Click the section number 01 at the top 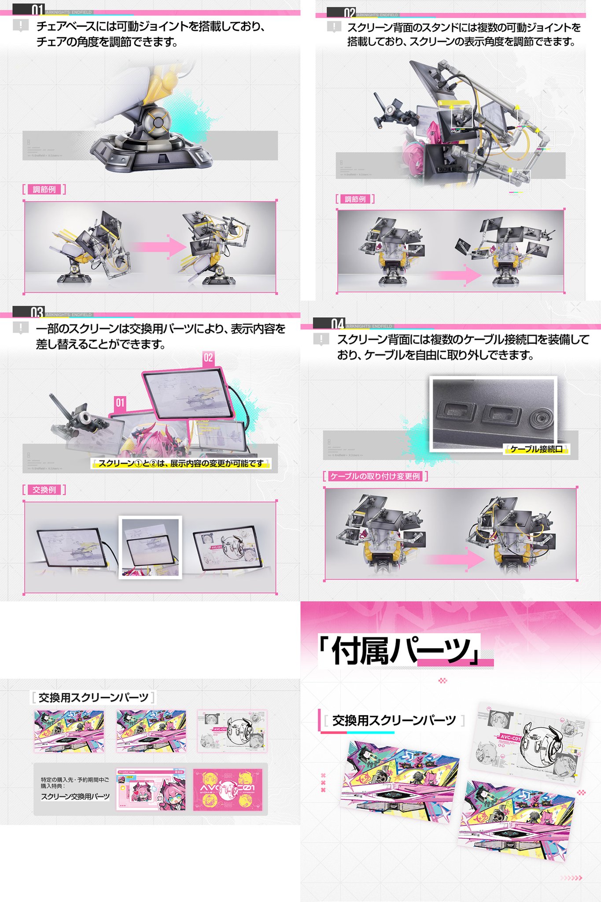tap(37, 9)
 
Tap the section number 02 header tap(349, 12)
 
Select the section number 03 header tap(37, 312)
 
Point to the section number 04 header tap(337, 324)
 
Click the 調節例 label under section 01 tap(44, 189)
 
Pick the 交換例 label tap(44, 490)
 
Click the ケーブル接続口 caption tap(536, 449)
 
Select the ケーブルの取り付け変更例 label tap(375, 476)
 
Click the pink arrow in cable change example tap(454, 559)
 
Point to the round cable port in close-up tap(541, 418)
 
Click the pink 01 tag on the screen tap(120, 403)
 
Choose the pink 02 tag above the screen tap(208, 357)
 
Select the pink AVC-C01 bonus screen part tap(228, 790)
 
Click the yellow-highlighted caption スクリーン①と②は tap(181, 463)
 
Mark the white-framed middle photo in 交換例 tap(150, 547)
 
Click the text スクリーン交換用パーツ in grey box tap(75, 796)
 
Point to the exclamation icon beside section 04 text tap(321, 339)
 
